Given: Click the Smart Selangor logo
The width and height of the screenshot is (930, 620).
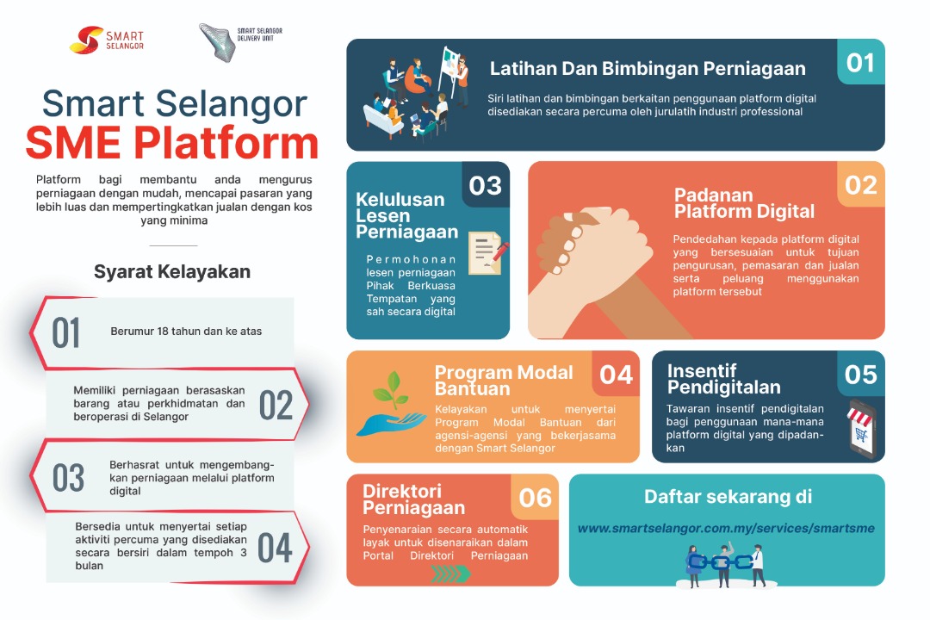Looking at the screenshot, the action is (x=107, y=40).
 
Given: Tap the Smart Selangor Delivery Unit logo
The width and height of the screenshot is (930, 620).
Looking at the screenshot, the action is (x=240, y=41).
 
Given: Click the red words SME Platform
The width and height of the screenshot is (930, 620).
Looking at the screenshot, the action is (x=172, y=143).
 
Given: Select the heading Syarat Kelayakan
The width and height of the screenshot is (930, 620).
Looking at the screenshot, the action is (x=172, y=272).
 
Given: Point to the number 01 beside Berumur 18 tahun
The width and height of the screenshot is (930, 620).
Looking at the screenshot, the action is (x=65, y=333).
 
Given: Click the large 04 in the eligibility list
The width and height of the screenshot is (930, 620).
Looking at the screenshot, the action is (x=276, y=548).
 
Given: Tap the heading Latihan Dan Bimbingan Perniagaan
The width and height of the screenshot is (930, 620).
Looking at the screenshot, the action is (x=648, y=69).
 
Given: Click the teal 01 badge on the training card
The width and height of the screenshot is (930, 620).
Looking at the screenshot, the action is (x=860, y=62).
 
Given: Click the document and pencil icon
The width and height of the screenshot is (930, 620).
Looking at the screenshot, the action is (x=488, y=253).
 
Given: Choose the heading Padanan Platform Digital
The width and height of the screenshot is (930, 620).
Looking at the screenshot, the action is (x=744, y=203).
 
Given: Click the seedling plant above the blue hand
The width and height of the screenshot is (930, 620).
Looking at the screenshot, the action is (x=390, y=389).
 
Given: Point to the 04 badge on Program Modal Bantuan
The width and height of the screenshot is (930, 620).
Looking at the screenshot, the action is (x=616, y=374).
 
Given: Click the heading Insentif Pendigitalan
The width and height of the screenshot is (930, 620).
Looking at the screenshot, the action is (x=723, y=379).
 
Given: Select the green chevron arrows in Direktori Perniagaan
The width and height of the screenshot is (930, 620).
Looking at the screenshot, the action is (x=450, y=573).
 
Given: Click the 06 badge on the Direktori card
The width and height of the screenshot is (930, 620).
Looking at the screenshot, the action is (x=535, y=497).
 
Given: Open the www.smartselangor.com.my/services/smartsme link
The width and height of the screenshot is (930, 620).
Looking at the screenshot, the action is (x=726, y=528).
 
